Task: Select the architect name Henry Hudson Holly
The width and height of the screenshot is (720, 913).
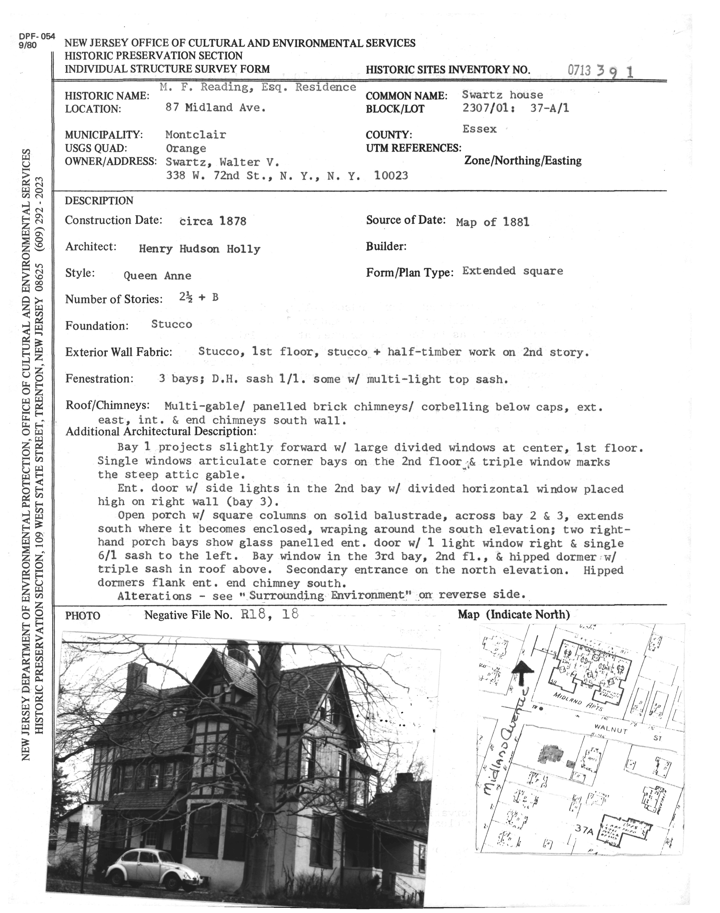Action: pyautogui.click(x=199, y=249)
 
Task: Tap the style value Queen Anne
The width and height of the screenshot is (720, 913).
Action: pyautogui.click(x=157, y=276)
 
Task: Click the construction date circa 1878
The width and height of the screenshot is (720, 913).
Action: pyautogui.click(x=213, y=221)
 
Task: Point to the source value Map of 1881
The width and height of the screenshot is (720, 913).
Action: pyautogui.click(x=492, y=222)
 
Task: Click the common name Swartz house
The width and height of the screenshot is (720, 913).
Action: pyautogui.click(x=503, y=95)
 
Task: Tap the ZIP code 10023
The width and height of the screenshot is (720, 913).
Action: pyautogui.click(x=391, y=175)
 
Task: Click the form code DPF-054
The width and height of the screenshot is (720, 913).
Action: pyautogui.click(x=37, y=36)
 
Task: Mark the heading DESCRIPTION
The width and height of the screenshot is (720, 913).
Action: pyautogui.click(x=99, y=201)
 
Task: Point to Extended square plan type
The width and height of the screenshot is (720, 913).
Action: pyautogui.click(x=512, y=271)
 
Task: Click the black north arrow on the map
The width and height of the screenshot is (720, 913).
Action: pyautogui.click(x=522, y=674)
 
